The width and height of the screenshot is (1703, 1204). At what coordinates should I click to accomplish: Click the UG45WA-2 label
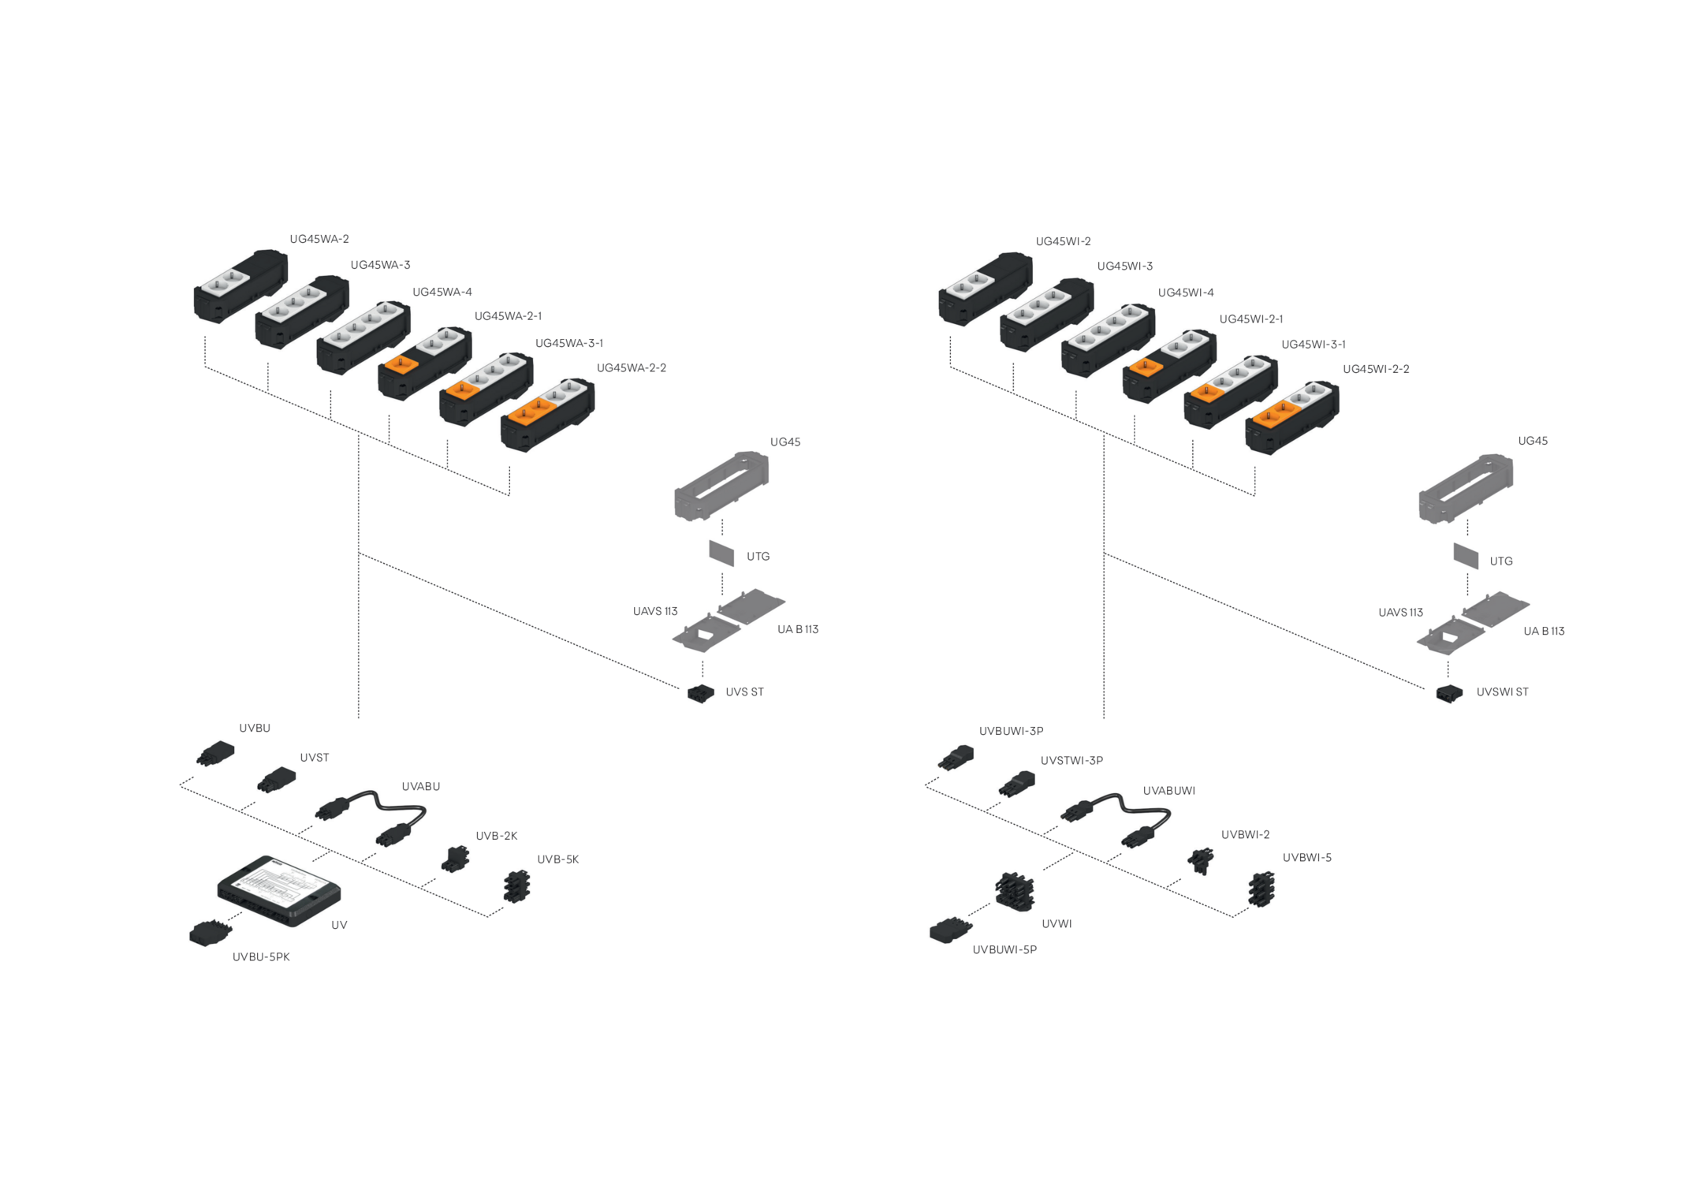pyautogui.click(x=319, y=239)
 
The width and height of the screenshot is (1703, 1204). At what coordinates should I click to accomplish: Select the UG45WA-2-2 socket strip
pyautogui.click(x=547, y=415)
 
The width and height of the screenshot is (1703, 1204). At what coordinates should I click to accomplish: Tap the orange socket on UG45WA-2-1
pyautogui.click(x=401, y=363)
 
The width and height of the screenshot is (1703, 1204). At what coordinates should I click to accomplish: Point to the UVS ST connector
pyautogui.click(x=700, y=693)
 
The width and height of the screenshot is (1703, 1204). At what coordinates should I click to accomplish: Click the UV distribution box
pyautogui.click(x=279, y=890)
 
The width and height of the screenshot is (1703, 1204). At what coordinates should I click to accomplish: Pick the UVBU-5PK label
pyautogui.click(x=261, y=957)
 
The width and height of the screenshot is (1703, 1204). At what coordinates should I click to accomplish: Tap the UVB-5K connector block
pyautogui.click(x=516, y=886)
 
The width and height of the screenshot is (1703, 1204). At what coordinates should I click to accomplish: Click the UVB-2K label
pyautogui.click(x=496, y=836)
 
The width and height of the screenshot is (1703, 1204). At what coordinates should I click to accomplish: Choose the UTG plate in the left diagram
pyautogui.click(x=721, y=553)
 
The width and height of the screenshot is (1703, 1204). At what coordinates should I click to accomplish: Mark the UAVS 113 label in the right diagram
pyautogui.click(x=1400, y=613)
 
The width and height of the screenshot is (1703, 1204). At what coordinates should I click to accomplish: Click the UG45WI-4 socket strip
pyautogui.click(x=1108, y=340)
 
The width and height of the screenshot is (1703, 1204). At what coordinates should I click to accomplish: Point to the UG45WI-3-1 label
pyautogui.click(x=1313, y=345)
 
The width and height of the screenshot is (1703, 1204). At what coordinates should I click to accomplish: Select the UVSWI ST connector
pyautogui.click(x=1449, y=694)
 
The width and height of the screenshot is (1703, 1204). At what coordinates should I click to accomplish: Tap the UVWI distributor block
pyautogui.click(x=1015, y=892)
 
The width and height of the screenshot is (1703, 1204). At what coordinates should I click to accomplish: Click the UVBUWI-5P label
pyautogui.click(x=1004, y=950)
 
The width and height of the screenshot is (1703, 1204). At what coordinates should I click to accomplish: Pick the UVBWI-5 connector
pyautogui.click(x=1261, y=889)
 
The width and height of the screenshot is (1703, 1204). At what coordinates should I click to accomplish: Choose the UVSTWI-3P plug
pyautogui.click(x=1017, y=784)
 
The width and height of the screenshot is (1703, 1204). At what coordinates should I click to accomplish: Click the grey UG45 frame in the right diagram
pyautogui.click(x=1466, y=490)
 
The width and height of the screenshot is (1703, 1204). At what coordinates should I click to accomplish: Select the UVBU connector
pyautogui.click(x=215, y=753)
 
